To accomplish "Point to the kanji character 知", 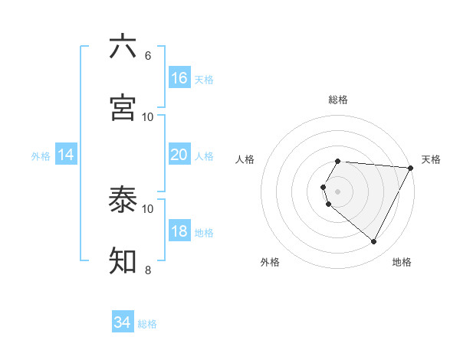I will (x=123, y=260).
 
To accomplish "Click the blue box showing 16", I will (x=179, y=77).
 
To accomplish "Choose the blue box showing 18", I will (x=179, y=231).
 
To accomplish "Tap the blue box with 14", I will (x=66, y=155).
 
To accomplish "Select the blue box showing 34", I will (x=122, y=322).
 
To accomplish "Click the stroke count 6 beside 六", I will (x=148, y=55).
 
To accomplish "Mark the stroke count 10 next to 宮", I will (x=148, y=116).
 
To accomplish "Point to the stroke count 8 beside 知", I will (x=148, y=270).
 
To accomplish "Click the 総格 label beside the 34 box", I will (x=147, y=324).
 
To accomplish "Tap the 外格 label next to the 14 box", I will (x=41, y=156).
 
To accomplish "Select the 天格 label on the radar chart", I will (x=431, y=159).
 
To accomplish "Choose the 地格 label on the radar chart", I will (x=402, y=262).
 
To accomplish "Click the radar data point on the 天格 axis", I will (x=411, y=167).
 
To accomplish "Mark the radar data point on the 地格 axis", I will (x=374, y=242).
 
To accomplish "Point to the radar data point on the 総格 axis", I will (x=338, y=161).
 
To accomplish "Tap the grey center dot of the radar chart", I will (x=338, y=191).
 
